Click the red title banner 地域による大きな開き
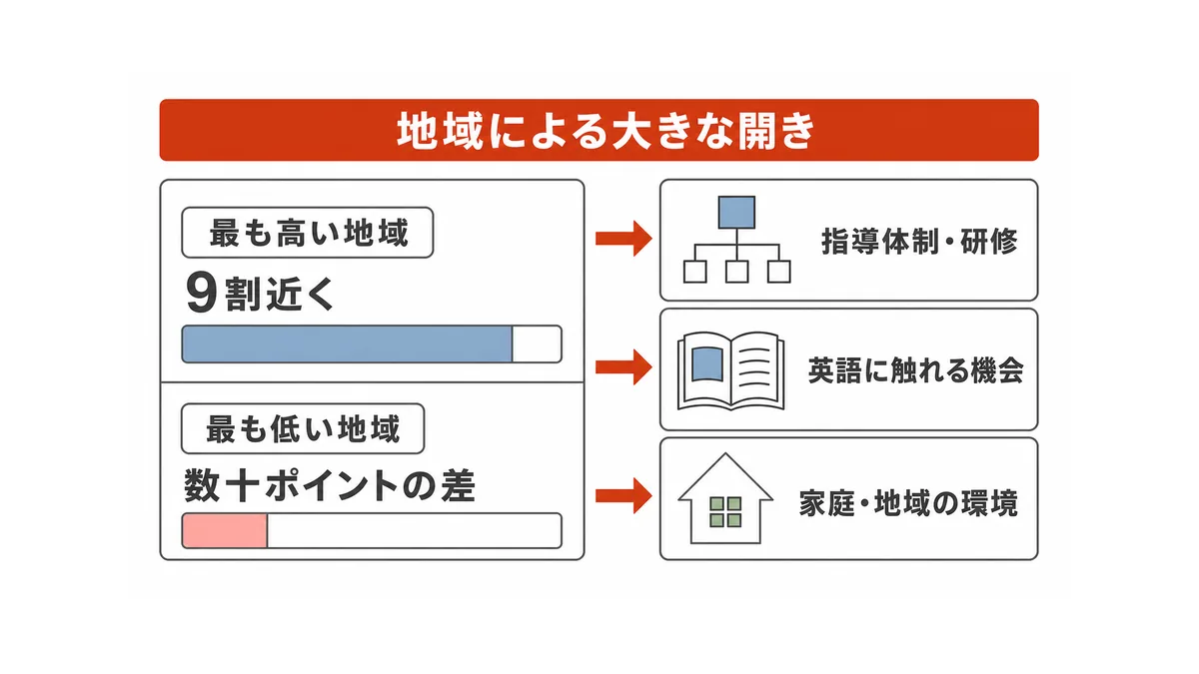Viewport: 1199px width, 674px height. [x=599, y=130]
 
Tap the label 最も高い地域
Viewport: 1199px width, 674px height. [x=308, y=233]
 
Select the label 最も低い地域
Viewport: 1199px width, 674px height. [x=303, y=429]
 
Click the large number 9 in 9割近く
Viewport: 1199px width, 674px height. [x=201, y=292]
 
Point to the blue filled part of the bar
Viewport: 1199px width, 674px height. [x=347, y=343]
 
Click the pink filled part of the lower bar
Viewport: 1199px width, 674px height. [x=225, y=530]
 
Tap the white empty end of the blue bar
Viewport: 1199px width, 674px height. [x=537, y=343]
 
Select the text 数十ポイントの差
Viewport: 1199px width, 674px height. [x=330, y=485]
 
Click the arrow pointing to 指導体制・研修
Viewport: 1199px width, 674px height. [x=623, y=238]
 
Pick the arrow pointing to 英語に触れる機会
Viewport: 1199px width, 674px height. [x=623, y=367]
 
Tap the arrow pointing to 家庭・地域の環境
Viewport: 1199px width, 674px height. [x=623, y=496]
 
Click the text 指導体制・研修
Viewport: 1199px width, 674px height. [x=919, y=242]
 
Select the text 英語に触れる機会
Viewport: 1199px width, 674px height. [x=916, y=370]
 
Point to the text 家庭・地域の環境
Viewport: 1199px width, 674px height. [x=908, y=503]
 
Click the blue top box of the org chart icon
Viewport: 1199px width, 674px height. [x=736, y=213]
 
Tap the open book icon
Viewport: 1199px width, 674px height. [x=731, y=371]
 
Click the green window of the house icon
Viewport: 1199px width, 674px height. [x=725, y=512]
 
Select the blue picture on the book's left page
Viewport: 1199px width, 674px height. [x=707, y=364]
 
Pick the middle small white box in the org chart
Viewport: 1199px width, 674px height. [x=736, y=272]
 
